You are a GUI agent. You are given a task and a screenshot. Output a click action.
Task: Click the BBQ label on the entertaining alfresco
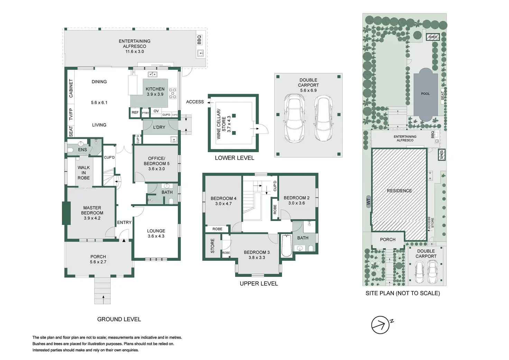coord(199,40)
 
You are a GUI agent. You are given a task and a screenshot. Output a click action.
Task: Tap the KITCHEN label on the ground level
coord(155,89)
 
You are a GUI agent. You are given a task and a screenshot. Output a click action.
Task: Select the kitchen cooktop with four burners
coord(173,93)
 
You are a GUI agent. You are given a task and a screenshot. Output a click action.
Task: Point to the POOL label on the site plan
coord(425,94)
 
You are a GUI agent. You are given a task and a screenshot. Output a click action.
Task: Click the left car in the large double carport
coord(294,119)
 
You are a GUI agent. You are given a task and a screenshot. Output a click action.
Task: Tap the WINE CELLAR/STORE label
coord(221,124)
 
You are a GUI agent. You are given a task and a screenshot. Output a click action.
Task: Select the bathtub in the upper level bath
coord(286,246)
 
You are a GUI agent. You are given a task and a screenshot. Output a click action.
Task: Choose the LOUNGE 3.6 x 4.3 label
coord(156,233)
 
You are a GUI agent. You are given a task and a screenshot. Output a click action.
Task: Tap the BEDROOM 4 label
coord(223,199)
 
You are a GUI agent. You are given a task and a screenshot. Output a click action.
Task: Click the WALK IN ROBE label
coord(84,173)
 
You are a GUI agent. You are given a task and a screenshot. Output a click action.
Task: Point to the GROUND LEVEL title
coord(119,319)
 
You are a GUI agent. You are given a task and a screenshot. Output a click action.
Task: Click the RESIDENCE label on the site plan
coord(399,191)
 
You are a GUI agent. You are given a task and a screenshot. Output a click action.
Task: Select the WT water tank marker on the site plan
coord(368,201)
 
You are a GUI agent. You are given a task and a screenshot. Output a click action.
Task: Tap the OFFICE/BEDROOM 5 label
coord(157,161)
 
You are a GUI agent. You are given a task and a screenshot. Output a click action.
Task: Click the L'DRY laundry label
coord(159,127)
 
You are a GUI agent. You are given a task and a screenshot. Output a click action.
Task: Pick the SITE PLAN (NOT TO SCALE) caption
coord(403,293)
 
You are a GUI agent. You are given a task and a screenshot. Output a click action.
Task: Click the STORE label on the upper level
coord(212,246)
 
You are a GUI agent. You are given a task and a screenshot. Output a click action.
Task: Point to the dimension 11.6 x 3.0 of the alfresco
coord(135,52)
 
